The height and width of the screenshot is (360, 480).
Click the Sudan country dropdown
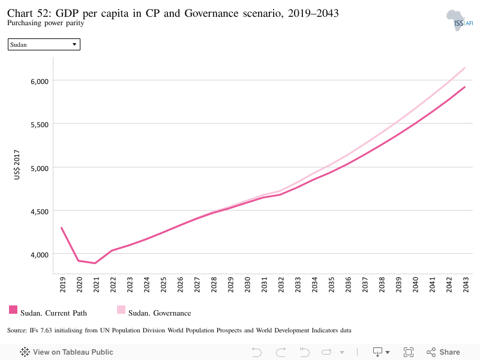point(44,44)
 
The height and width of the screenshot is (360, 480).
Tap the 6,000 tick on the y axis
point(40,82)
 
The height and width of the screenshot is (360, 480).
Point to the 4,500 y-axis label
point(40,212)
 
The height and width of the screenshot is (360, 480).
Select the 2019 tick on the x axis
point(63,284)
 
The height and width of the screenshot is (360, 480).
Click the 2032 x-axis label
point(281,284)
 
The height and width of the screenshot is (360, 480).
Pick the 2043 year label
point(466,284)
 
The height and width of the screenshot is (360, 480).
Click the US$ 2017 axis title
point(17,164)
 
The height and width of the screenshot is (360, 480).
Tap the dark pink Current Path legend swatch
point(13,310)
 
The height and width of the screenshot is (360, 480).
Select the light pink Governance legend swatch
point(121,310)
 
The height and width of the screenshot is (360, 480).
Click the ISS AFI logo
point(460,20)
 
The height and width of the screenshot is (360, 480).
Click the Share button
point(443,352)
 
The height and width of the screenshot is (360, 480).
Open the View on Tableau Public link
point(67,352)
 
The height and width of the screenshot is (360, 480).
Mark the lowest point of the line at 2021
point(95,263)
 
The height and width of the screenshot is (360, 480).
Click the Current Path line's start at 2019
point(62,228)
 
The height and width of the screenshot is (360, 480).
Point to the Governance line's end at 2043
point(464,68)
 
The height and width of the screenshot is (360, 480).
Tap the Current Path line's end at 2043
point(464,87)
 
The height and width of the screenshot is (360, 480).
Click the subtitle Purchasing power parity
point(46,23)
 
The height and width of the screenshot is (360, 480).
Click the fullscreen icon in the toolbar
point(409,352)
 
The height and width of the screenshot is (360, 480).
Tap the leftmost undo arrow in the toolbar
point(257,352)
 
